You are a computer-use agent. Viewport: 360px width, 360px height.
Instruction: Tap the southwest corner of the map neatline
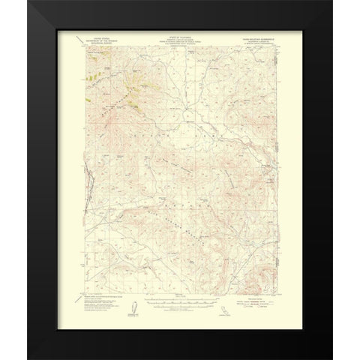[x=79, y=297]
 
